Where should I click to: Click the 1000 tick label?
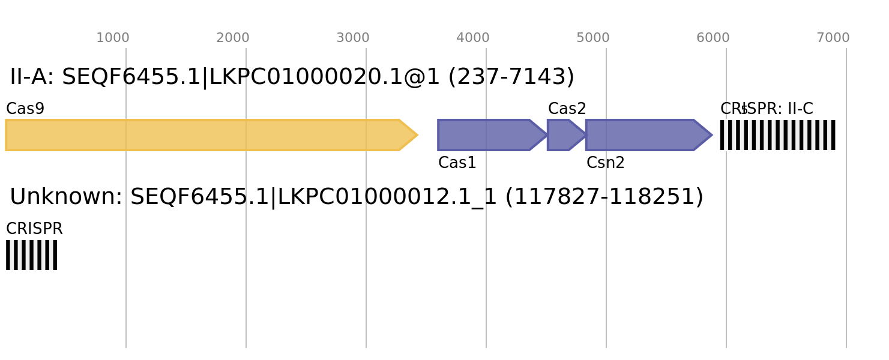[x=113, y=38]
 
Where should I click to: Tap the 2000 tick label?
[x=233, y=38]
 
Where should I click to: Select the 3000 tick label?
[x=353, y=38]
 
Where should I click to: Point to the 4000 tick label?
[x=473, y=38]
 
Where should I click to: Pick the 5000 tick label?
[x=593, y=38]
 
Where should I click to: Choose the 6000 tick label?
[x=713, y=38]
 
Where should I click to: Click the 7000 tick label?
[x=833, y=38]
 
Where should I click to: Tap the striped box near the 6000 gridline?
[x=777, y=135]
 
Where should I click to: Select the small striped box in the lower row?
[x=31, y=255]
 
